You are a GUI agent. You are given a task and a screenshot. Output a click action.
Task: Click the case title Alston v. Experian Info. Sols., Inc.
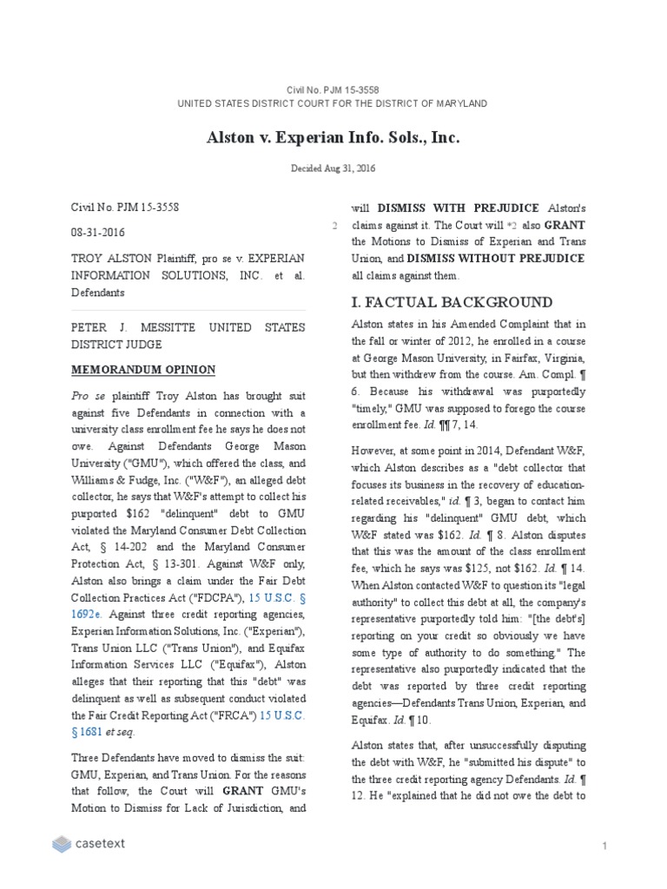[x=333, y=137]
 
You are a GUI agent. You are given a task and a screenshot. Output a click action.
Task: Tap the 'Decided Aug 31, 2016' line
[x=333, y=168]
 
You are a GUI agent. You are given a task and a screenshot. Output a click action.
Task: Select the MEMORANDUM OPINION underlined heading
[x=142, y=370]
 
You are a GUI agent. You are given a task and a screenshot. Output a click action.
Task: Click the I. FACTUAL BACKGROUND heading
[x=452, y=302]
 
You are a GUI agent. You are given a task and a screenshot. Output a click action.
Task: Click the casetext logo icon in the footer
[x=61, y=843]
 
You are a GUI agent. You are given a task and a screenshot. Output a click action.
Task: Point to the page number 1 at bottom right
[x=604, y=845]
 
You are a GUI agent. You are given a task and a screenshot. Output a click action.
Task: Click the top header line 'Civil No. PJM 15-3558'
[x=333, y=89]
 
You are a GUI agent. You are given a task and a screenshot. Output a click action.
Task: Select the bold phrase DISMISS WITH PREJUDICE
[x=445, y=209]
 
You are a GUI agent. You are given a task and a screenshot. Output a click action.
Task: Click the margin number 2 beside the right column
[x=334, y=226]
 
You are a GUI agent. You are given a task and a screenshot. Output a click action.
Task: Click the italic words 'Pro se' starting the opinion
[x=83, y=395]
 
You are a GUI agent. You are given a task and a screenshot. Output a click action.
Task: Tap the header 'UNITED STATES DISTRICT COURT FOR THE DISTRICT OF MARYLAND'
[x=333, y=103]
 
